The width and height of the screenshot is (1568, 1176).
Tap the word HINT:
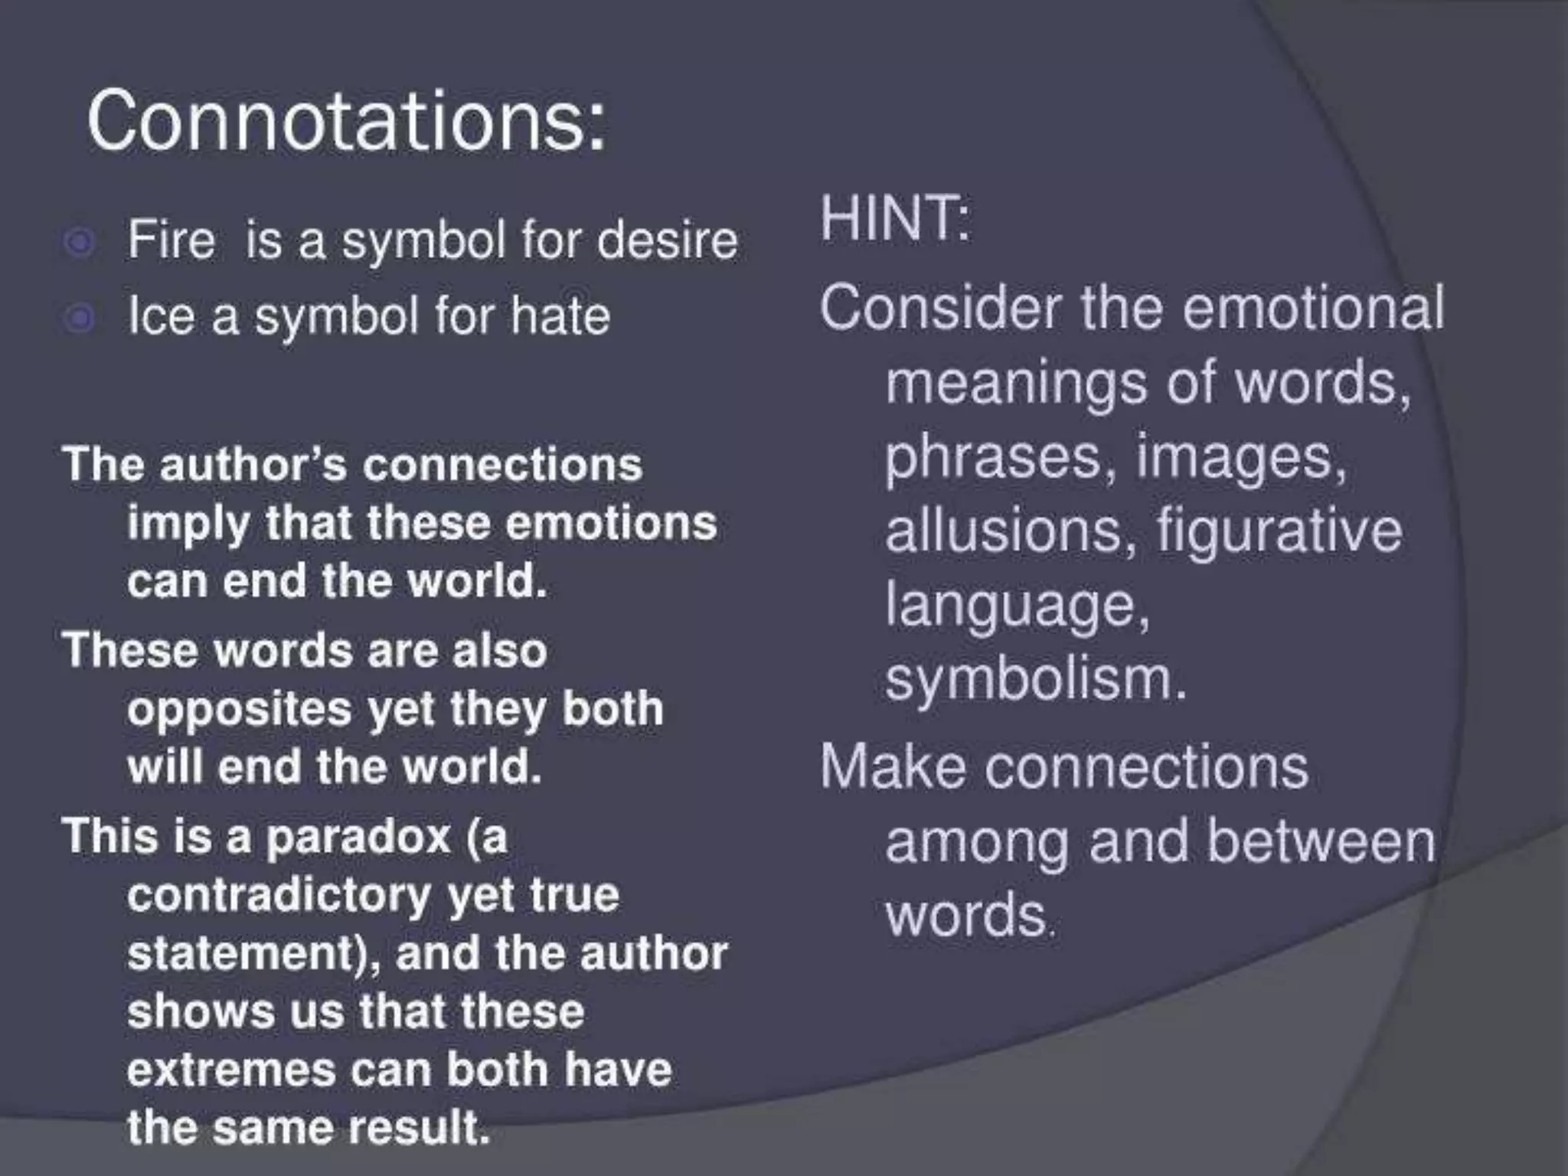[x=895, y=218]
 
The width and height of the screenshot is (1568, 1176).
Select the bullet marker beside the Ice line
[x=80, y=318]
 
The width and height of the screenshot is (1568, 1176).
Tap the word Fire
[x=171, y=240]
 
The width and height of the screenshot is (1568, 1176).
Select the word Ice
[x=160, y=315]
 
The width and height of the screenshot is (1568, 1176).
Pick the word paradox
[x=358, y=835]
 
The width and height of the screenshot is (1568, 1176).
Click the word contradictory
[x=279, y=894]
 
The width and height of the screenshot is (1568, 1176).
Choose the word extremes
[x=230, y=1069]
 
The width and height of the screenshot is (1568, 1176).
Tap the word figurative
[x=1279, y=531]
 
